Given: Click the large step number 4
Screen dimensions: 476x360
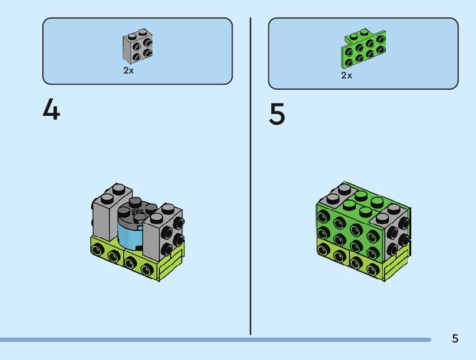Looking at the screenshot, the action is [52, 110].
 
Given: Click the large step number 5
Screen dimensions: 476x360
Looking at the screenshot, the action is [278, 115].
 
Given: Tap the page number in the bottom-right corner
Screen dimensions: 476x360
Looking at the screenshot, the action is [455, 338].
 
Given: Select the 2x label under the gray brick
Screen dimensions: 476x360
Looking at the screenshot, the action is [128, 71].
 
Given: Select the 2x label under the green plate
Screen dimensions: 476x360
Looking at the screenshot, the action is [347, 75].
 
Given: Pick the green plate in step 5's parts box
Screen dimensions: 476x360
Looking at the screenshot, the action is [363, 50].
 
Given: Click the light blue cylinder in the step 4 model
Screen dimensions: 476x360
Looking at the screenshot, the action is [129, 234].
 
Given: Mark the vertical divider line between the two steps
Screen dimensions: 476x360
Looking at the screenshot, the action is [251, 174].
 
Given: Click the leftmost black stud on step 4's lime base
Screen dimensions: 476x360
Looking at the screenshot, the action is [98, 250].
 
